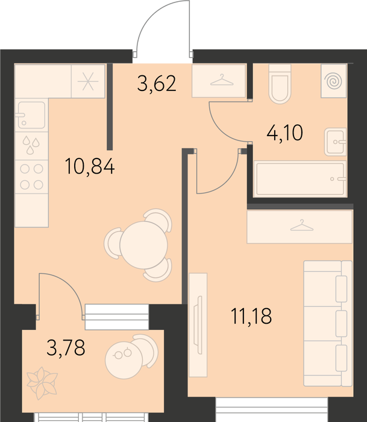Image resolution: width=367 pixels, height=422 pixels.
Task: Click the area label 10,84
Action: pos(90,166)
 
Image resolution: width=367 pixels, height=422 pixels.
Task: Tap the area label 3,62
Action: pos(157,83)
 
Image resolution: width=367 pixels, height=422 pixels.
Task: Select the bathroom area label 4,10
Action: pos(285,133)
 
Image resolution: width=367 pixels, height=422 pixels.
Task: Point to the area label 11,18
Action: pos(251,316)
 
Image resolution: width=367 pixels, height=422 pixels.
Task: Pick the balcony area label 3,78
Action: pos(66,347)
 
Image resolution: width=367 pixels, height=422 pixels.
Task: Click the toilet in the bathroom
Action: pos(280,84)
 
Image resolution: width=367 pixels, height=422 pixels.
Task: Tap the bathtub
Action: pos(300,178)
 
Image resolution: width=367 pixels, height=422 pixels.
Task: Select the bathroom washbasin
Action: pos(335,142)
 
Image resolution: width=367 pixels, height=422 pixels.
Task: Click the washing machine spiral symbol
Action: pos(333,81)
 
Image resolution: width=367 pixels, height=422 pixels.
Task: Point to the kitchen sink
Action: pos(31,115)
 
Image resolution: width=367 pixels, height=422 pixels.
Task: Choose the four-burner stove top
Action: pos(31,177)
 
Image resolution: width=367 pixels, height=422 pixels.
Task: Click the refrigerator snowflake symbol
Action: pos(88,81)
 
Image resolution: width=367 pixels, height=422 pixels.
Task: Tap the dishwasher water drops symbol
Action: pos(31,145)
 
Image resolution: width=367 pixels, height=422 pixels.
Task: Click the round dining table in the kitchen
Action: pos(143,245)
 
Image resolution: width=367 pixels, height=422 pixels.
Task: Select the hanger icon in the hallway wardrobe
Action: pos(222,80)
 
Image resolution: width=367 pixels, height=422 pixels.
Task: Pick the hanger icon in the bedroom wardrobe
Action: pos(302,225)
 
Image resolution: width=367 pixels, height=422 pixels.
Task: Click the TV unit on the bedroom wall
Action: pos(198,325)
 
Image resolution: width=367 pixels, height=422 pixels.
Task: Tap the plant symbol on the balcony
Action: pos(42,383)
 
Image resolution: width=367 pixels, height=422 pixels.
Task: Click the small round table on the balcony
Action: pos(124,360)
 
